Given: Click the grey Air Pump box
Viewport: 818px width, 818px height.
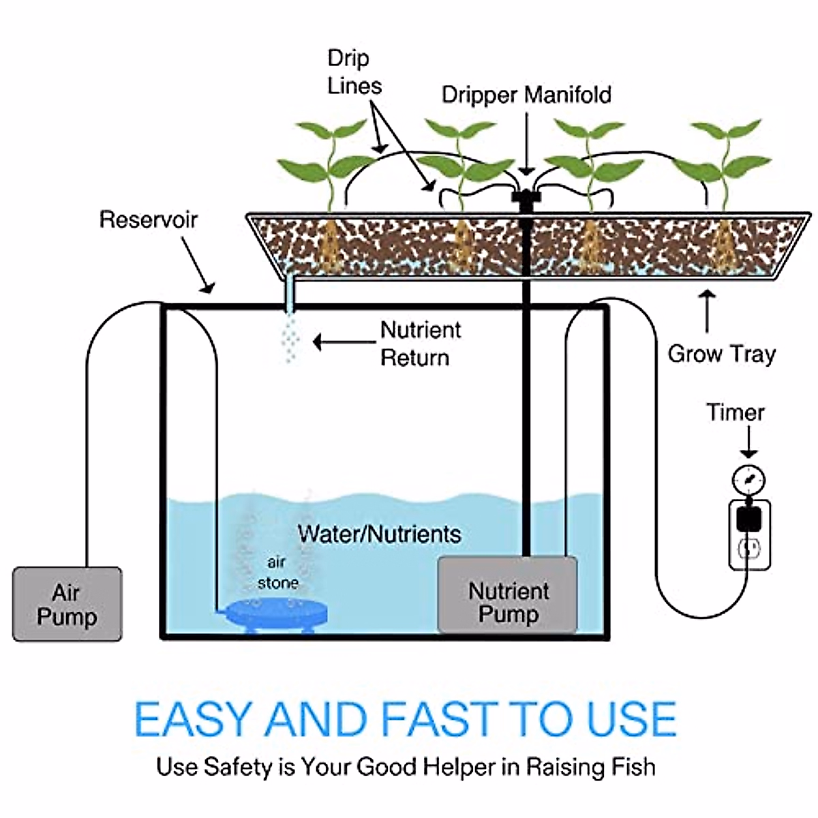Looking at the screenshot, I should tap(67, 604).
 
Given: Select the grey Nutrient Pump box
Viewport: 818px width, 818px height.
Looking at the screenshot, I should tap(508, 595).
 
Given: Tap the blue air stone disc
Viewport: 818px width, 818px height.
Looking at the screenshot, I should tap(277, 611).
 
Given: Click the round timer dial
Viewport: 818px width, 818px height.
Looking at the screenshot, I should tap(748, 481).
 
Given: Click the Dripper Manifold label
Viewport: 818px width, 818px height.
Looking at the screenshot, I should tap(526, 94).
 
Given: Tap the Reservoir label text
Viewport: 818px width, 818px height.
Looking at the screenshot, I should tap(148, 219).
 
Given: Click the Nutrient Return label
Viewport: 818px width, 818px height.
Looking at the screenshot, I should tap(420, 344).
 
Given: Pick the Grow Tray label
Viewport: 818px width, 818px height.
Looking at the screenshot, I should tap(721, 354).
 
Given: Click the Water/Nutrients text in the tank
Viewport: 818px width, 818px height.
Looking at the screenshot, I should tap(379, 534).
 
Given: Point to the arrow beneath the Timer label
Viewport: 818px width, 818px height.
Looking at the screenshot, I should tap(748, 443).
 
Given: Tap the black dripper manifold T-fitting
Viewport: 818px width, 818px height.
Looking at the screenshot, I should tap(526, 198).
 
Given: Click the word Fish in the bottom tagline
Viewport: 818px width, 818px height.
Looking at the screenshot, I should tap(635, 767).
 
